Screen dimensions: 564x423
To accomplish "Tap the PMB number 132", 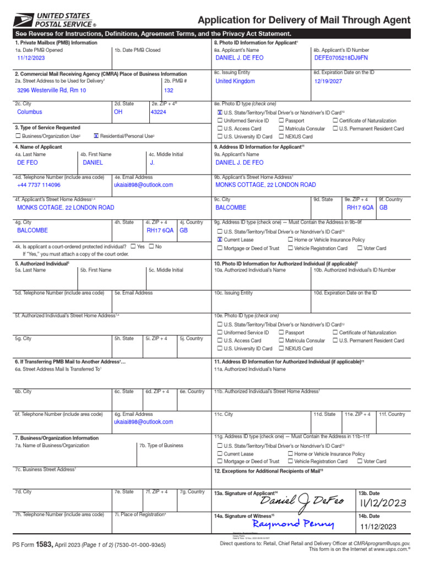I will [x=169, y=90].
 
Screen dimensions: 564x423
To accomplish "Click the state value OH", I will [x=118, y=111].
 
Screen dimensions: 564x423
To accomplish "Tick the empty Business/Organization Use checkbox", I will [x=18, y=136].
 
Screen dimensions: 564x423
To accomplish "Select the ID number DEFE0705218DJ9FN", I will [x=341, y=57].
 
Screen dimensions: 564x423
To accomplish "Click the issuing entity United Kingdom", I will [x=235, y=81].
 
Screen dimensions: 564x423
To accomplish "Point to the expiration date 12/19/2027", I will [x=328, y=81].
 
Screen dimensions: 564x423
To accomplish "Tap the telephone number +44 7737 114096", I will [x=39, y=186].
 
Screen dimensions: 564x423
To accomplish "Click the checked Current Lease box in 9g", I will [x=220, y=240].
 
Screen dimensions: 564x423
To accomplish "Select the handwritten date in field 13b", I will [x=383, y=503].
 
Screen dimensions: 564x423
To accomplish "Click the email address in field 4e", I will [x=143, y=186].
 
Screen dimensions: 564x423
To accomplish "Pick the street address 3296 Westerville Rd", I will [x=51, y=90].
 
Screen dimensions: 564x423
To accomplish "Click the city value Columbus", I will [x=30, y=111].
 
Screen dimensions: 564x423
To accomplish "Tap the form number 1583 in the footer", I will [x=44, y=544].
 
